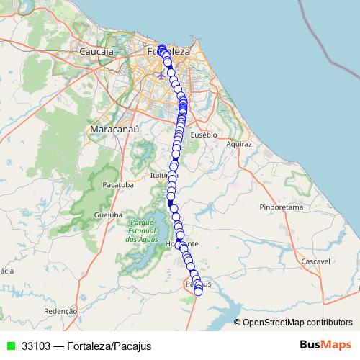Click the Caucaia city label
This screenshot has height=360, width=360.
click(x=97, y=52)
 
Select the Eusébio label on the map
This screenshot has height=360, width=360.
click(x=204, y=135)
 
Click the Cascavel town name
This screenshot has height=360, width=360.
click(x=314, y=261)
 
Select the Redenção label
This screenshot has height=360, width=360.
click(x=60, y=311)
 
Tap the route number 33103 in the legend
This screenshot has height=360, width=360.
click(x=36, y=346)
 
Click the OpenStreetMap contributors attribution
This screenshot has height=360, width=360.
click(x=296, y=323)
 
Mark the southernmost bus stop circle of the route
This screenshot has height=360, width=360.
click(x=199, y=291)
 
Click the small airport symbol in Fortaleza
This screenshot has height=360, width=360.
click(x=158, y=73)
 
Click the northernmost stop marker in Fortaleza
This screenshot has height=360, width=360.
click(x=162, y=48)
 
